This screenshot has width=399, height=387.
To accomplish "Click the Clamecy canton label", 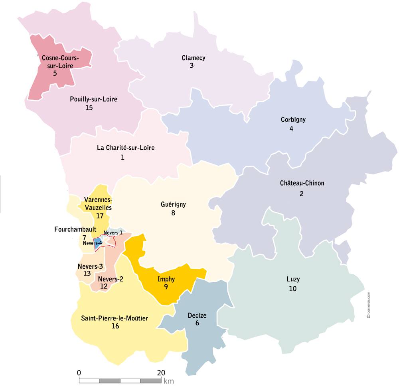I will (x=194, y=58).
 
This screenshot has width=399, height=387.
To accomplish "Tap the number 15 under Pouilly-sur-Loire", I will (x=89, y=107).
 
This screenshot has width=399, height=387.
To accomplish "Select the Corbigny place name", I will (x=293, y=119).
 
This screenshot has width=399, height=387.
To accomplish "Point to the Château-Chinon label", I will (x=302, y=183).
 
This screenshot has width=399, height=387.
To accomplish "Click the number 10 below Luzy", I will (x=293, y=289).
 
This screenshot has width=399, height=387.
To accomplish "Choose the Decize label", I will (x=197, y=315).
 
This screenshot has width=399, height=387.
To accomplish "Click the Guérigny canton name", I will (x=173, y=204).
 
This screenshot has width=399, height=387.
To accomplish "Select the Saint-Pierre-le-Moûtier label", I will (x=115, y=318).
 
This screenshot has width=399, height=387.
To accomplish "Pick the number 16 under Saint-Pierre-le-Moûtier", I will (x=115, y=326).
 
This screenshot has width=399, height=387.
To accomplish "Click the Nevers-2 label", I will (x=111, y=279).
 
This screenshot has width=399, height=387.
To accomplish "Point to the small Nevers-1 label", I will (x=113, y=233).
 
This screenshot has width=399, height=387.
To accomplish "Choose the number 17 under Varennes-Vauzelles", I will (x=100, y=216).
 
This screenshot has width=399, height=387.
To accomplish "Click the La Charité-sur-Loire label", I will (x=126, y=148).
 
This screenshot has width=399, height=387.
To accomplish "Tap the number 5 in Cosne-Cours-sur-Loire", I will (x=55, y=73).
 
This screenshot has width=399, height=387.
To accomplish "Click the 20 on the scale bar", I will (x=161, y=373).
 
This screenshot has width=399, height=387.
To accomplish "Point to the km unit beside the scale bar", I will (x=168, y=381).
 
